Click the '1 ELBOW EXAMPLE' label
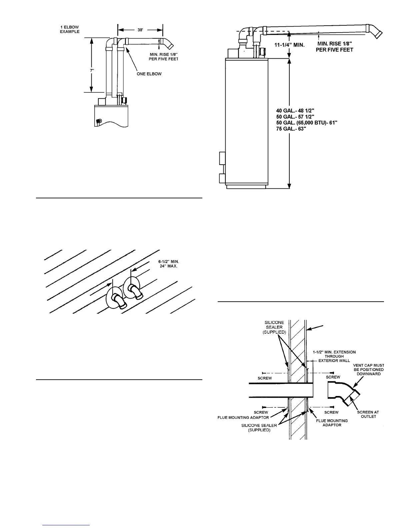(x=70, y=29)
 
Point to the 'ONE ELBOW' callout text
(x=149, y=74)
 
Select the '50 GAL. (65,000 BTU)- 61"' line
(x=309, y=123)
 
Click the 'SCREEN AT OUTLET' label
(x=368, y=414)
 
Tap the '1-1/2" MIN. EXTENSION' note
(x=334, y=356)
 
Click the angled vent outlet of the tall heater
(x=376, y=32)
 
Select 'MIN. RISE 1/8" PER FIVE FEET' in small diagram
(x=163, y=57)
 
